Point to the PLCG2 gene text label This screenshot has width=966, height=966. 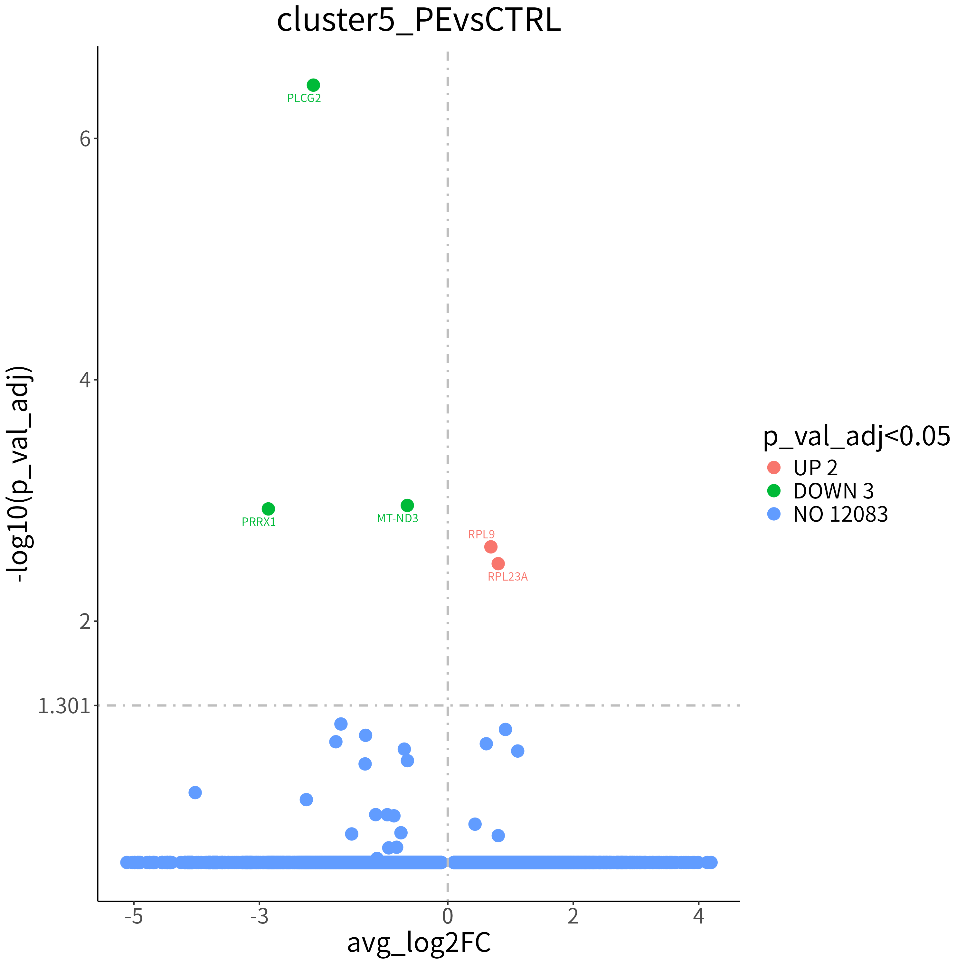click(304, 98)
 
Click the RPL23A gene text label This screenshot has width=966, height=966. click(508, 576)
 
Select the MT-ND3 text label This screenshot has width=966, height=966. click(397, 518)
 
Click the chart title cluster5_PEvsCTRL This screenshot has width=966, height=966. click(419, 21)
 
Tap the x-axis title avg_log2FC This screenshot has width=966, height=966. click(419, 942)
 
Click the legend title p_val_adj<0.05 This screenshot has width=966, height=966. click(857, 437)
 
